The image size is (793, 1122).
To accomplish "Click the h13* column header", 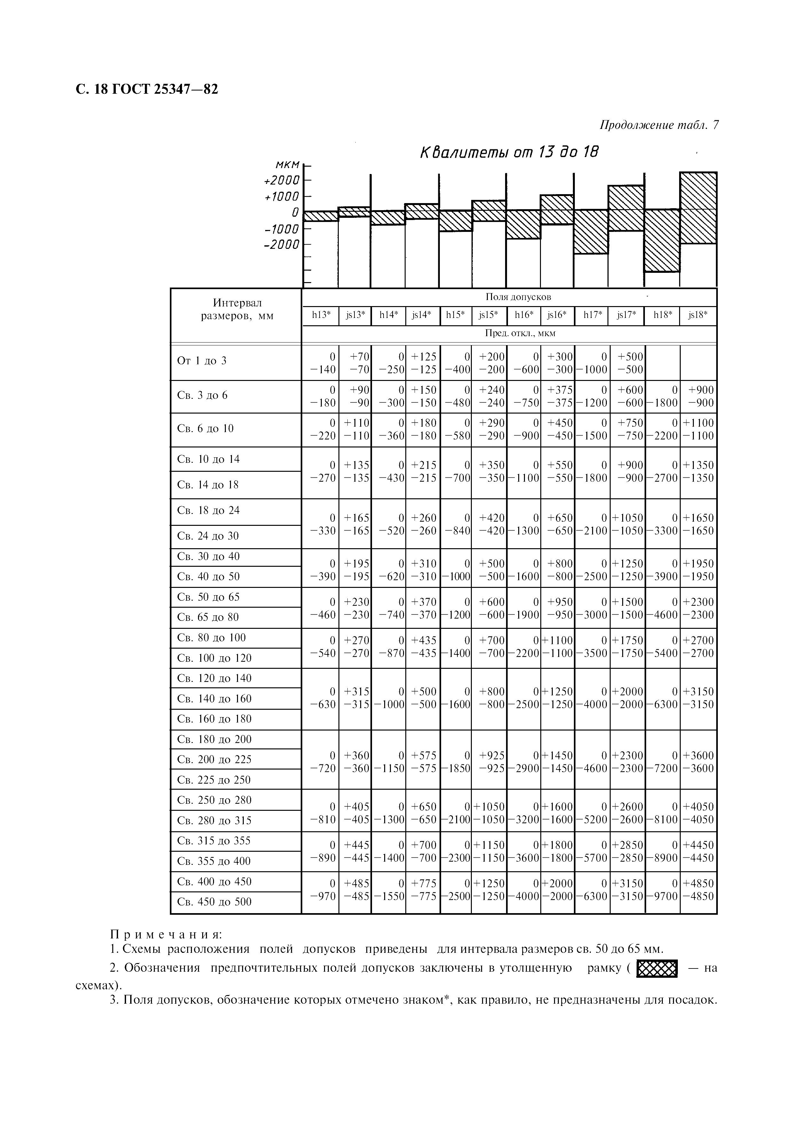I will click(x=320, y=315).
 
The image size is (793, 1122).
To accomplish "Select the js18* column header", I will click(x=698, y=315).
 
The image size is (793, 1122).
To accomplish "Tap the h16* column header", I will click(x=524, y=315).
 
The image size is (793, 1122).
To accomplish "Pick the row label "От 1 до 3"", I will click(x=202, y=361).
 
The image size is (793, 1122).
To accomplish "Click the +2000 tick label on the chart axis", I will click(x=282, y=180).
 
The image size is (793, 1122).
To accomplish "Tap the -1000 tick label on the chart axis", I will click(x=282, y=229).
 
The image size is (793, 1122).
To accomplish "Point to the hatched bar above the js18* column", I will click(x=698, y=208).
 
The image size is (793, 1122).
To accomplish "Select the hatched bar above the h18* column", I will click(x=662, y=241).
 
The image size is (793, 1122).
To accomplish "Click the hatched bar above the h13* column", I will click(x=321, y=216).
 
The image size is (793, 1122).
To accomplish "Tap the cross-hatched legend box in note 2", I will click(x=657, y=968).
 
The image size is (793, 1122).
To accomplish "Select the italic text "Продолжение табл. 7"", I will click(x=659, y=125).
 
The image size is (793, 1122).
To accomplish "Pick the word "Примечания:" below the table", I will click(x=166, y=934).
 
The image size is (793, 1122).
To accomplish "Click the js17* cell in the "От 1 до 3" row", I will click(x=627, y=363).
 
